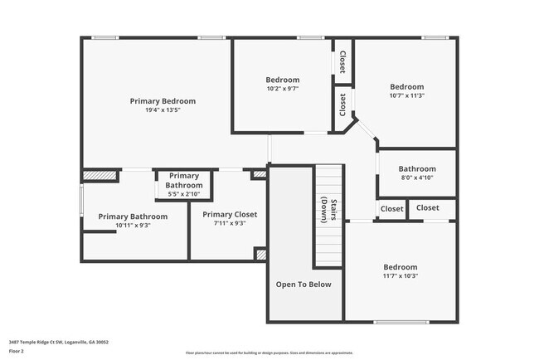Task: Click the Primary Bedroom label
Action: pyautogui.click(x=163, y=101)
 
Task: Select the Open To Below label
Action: pyautogui.click(x=303, y=285)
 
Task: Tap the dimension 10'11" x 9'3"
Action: pyautogui.click(x=133, y=226)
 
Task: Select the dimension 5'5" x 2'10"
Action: pyautogui.click(x=184, y=194)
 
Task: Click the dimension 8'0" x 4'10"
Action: pyautogui.click(x=416, y=178)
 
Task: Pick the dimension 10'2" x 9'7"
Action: pyautogui.click(x=283, y=89)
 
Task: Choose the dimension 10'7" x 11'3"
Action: pyautogui.click(x=407, y=95)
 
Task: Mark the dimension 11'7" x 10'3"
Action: pyautogui.click(x=400, y=276)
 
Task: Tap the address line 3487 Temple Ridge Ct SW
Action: pyautogui.click(x=58, y=342)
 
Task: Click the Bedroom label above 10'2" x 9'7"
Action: pyautogui.click(x=283, y=80)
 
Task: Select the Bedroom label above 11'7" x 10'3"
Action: pyautogui.click(x=400, y=267)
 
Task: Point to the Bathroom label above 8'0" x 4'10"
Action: pyautogui.click(x=416, y=168)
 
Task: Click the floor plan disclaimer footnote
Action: pyautogui.click(x=269, y=353)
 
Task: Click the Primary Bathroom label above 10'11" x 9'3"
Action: pyautogui.click(x=133, y=216)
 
